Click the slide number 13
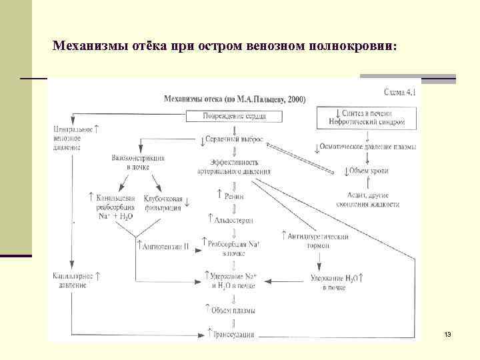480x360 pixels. tap(447, 333)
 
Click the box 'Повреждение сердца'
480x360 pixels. tap(233, 116)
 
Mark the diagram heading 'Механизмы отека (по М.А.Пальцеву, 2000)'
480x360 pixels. tap(235, 99)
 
